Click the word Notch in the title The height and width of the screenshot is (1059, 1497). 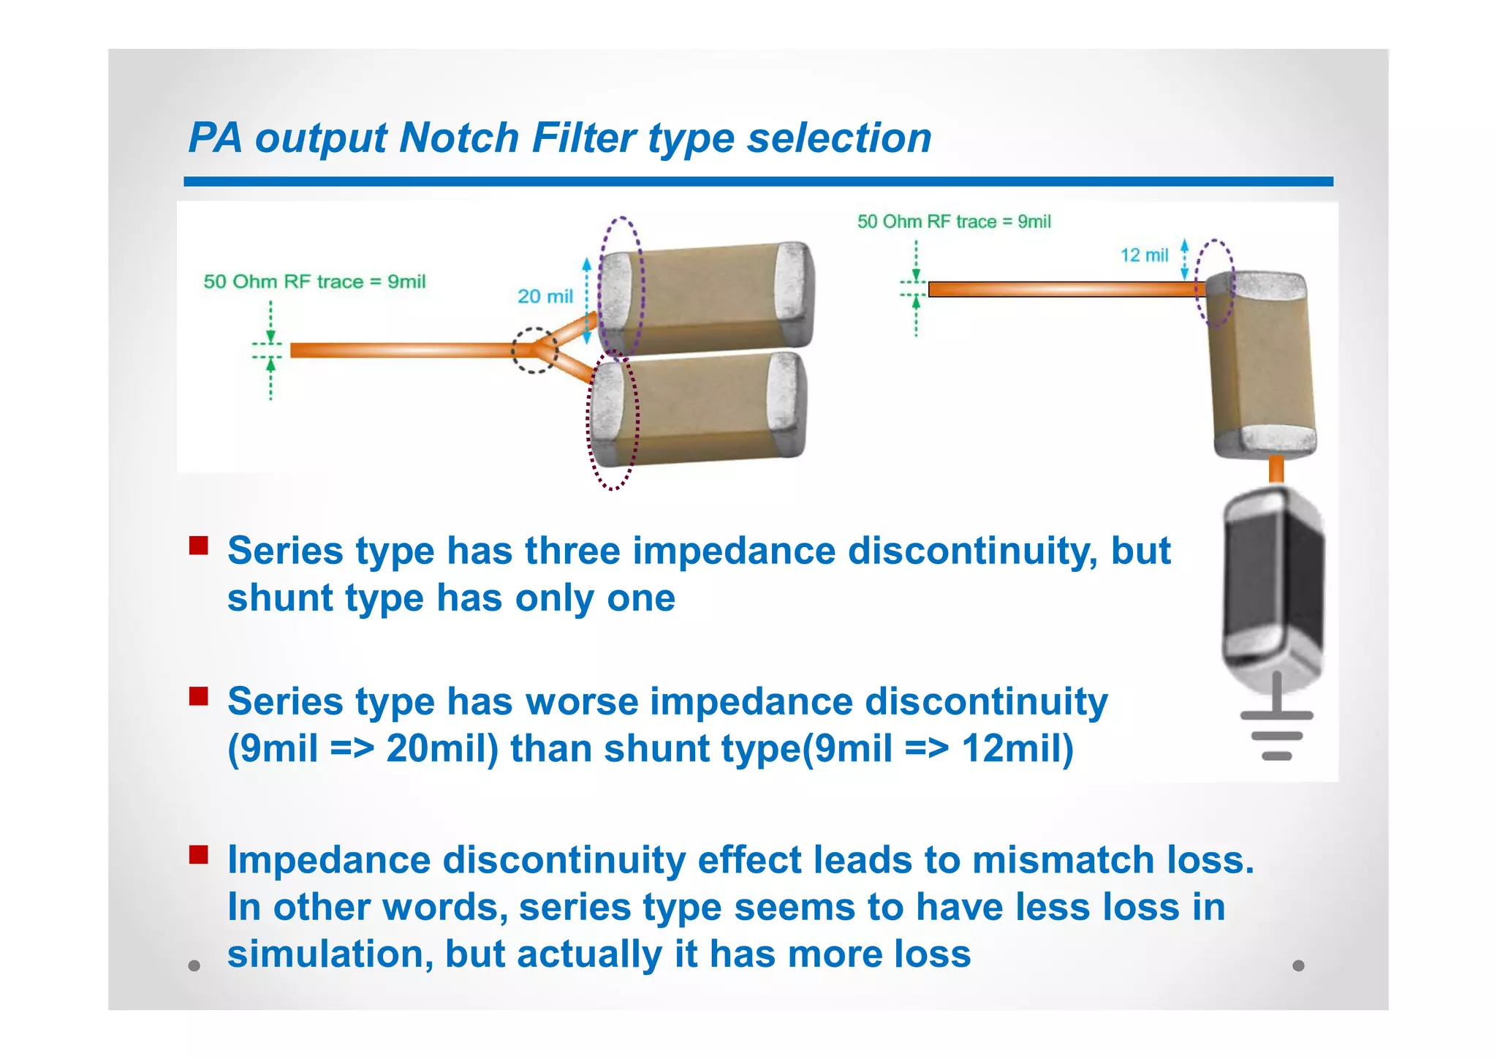pyautogui.click(x=459, y=137)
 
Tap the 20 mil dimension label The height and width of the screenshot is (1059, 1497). pyautogui.click(x=545, y=296)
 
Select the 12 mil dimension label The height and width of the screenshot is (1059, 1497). pyautogui.click(x=1144, y=255)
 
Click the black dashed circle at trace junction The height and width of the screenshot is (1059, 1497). pyautogui.click(x=534, y=350)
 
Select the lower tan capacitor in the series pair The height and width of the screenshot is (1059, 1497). pyautogui.click(x=698, y=410)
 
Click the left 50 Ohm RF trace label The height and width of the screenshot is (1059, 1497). pyautogui.click(x=314, y=282)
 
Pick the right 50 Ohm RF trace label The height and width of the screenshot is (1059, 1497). pyautogui.click(x=954, y=222)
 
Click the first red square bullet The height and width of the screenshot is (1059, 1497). pyautogui.click(x=199, y=546)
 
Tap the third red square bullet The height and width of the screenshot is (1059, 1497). pyautogui.click(x=199, y=854)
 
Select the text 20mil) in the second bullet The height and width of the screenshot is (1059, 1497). pyautogui.click(x=441, y=749)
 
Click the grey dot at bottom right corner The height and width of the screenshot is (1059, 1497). pyautogui.click(x=1298, y=965)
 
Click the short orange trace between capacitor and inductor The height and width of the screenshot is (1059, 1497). pyautogui.click(x=1276, y=469)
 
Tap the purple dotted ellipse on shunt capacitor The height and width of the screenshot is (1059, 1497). pyautogui.click(x=1215, y=282)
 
